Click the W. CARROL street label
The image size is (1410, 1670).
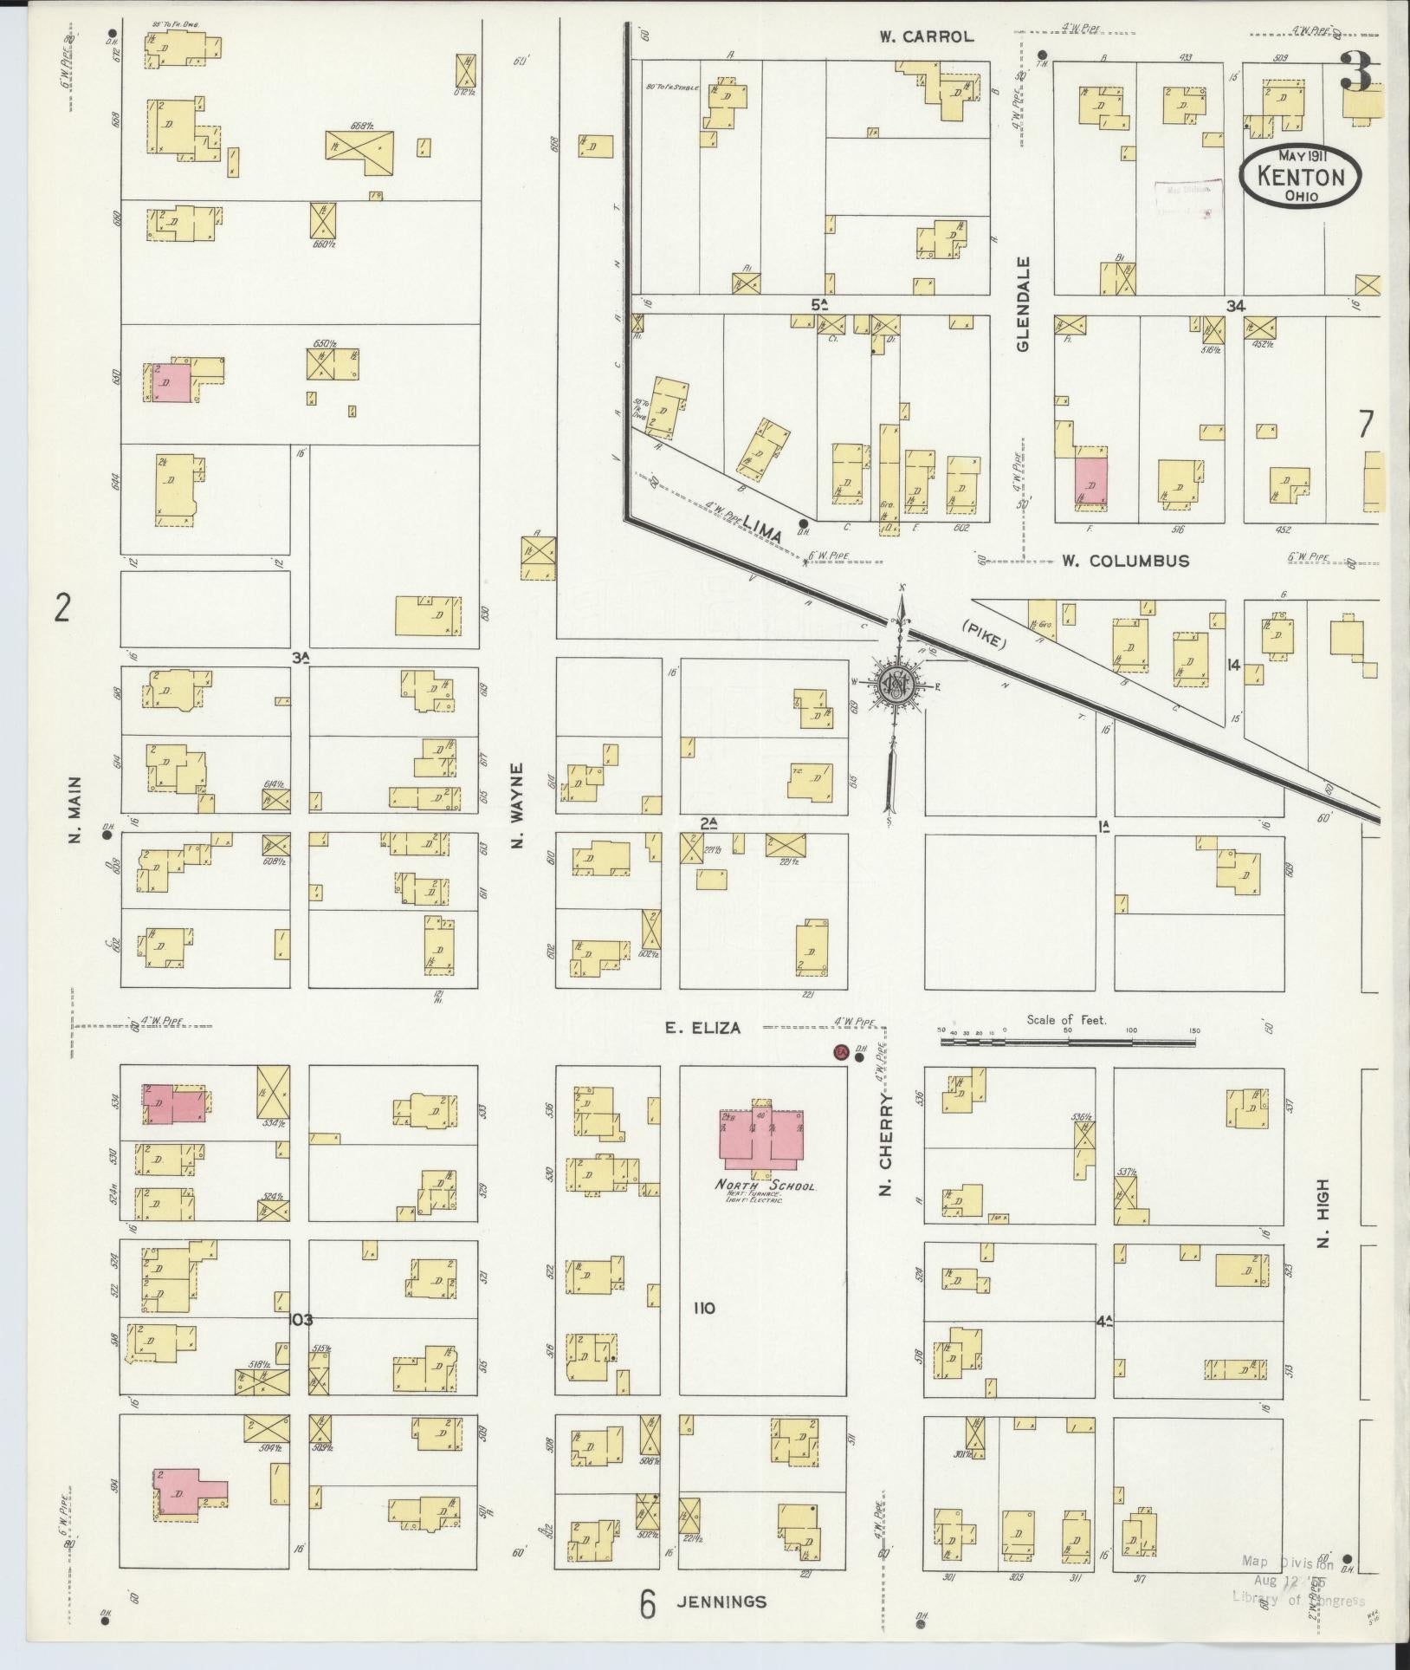click(926, 36)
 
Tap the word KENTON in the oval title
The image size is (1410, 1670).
click(1299, 178)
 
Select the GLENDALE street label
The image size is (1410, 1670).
click(1024, 303)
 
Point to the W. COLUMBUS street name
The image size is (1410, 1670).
click(1125, 561)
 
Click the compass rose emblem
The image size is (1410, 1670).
click(894, 685)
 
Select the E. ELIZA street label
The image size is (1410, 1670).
click(702, 1028)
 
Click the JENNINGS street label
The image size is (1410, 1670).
click(721, 1601)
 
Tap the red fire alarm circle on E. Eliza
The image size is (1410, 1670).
click(838, 1053)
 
